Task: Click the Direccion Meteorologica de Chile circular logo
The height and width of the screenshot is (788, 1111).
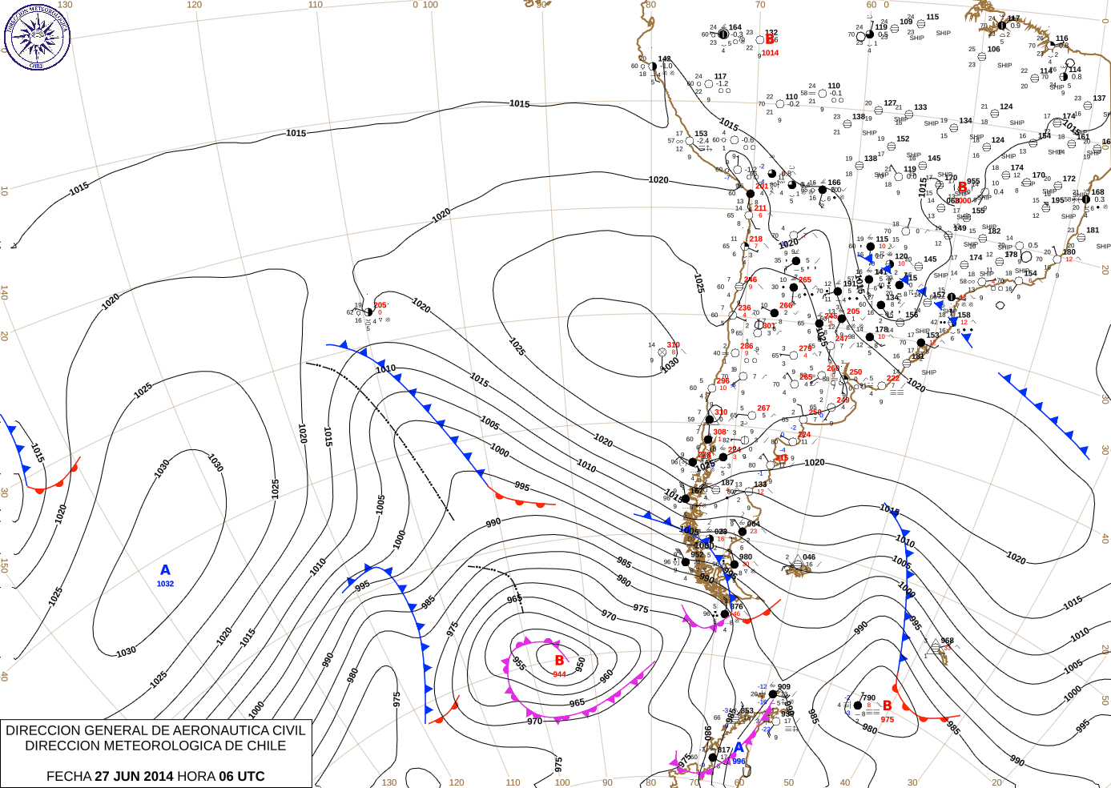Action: pyautogui.click(x=37, y=36)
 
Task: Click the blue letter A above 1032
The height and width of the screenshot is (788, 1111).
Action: pyautogui.click(x=165, y=570)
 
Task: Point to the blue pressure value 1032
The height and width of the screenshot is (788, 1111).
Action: pyautogui.click(x=165, y=584)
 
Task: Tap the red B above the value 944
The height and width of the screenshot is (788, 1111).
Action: pyautogui.click(x=559, y=661)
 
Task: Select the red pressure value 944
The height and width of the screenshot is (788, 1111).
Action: pyautogui.click(x=559, y=674)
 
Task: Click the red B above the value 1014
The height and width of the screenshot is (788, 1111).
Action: pyautogui.click(x=770, y=39)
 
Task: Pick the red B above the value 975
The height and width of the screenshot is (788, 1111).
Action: pyautogui.click(x=888, y=706)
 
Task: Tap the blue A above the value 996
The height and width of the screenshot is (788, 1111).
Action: pyautogui.click(x=739, y=748)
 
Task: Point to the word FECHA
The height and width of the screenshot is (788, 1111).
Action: pyautogui.click(x=69, y=776)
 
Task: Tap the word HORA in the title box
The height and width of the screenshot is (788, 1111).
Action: pyautogui.click(x=195, y=776)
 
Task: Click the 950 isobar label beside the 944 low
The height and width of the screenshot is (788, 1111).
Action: pyautogui.click(x=581, y=665)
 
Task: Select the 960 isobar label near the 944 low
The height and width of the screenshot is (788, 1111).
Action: pyautogui.click(x=606, y=675)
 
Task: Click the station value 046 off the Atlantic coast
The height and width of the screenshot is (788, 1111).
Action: pyautogui.click(x=809, y=557)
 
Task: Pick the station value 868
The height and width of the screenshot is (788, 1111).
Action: pyautogui.click(x=947, y=641)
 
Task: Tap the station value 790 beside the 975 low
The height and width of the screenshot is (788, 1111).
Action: pyautogui.click(x=869, y=698)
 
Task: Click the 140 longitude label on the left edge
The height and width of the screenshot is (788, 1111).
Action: pyautogui.click(x=4, y=293)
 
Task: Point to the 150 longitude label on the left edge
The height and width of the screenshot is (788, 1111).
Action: pyautogui.click(x=4, y=565)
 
